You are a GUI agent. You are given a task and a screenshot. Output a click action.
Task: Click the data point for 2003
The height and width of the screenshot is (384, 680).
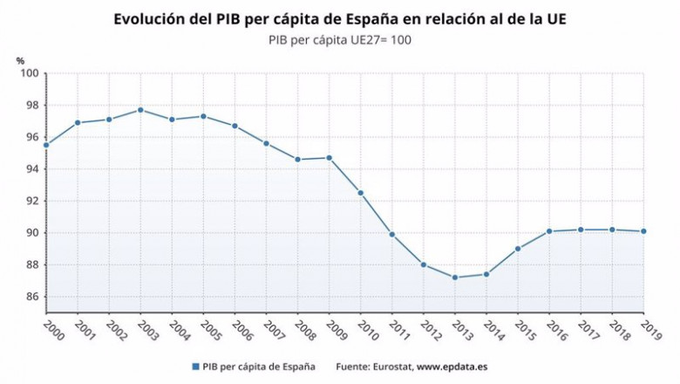tap(140, 110)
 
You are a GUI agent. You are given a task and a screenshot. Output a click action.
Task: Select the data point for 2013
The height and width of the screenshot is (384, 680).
tap(455, 278)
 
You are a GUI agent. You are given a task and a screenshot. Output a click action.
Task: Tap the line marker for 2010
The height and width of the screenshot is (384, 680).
tap(360, 193)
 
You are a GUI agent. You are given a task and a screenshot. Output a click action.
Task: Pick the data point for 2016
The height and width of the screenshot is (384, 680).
tap(549, 231)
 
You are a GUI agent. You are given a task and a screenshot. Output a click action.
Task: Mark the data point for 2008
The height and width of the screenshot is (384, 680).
tap(297, 160)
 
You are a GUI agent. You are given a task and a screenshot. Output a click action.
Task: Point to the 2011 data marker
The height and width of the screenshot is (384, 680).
tap(391, 234)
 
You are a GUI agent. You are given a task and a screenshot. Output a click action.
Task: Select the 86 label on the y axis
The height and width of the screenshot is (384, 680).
tap(31, 297)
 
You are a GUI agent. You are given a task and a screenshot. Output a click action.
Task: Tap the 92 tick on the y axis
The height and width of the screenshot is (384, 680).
tap(31, 201)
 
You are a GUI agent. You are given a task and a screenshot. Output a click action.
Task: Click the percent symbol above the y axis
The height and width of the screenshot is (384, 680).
tap(20, 59)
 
